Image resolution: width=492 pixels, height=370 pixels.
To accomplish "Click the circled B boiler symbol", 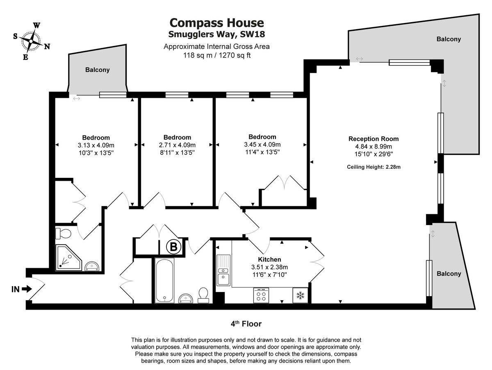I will pos(173,247).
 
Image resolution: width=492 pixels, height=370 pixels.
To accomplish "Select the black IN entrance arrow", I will pos(27,289).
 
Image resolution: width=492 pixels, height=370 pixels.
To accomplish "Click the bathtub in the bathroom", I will pos(164,280).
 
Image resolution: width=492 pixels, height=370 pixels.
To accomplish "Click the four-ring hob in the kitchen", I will pos(261,295).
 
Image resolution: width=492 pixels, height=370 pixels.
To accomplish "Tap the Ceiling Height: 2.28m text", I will pos(374,167).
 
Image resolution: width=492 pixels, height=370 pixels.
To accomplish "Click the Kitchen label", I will pos(269,260).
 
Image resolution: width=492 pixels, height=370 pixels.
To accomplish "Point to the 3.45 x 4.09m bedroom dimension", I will pos(262,145).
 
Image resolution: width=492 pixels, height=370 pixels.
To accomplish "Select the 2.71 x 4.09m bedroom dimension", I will pos(177,145).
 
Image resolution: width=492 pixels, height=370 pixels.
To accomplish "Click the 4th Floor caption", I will pos(246,324).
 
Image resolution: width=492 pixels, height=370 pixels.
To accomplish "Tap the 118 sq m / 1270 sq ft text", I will pos(216,55).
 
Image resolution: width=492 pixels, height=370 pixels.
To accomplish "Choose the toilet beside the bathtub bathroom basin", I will pos(203,294).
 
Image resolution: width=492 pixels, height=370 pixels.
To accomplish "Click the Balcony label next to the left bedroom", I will pos(97,70).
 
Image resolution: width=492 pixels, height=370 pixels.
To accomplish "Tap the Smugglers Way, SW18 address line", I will pos(216,34).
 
